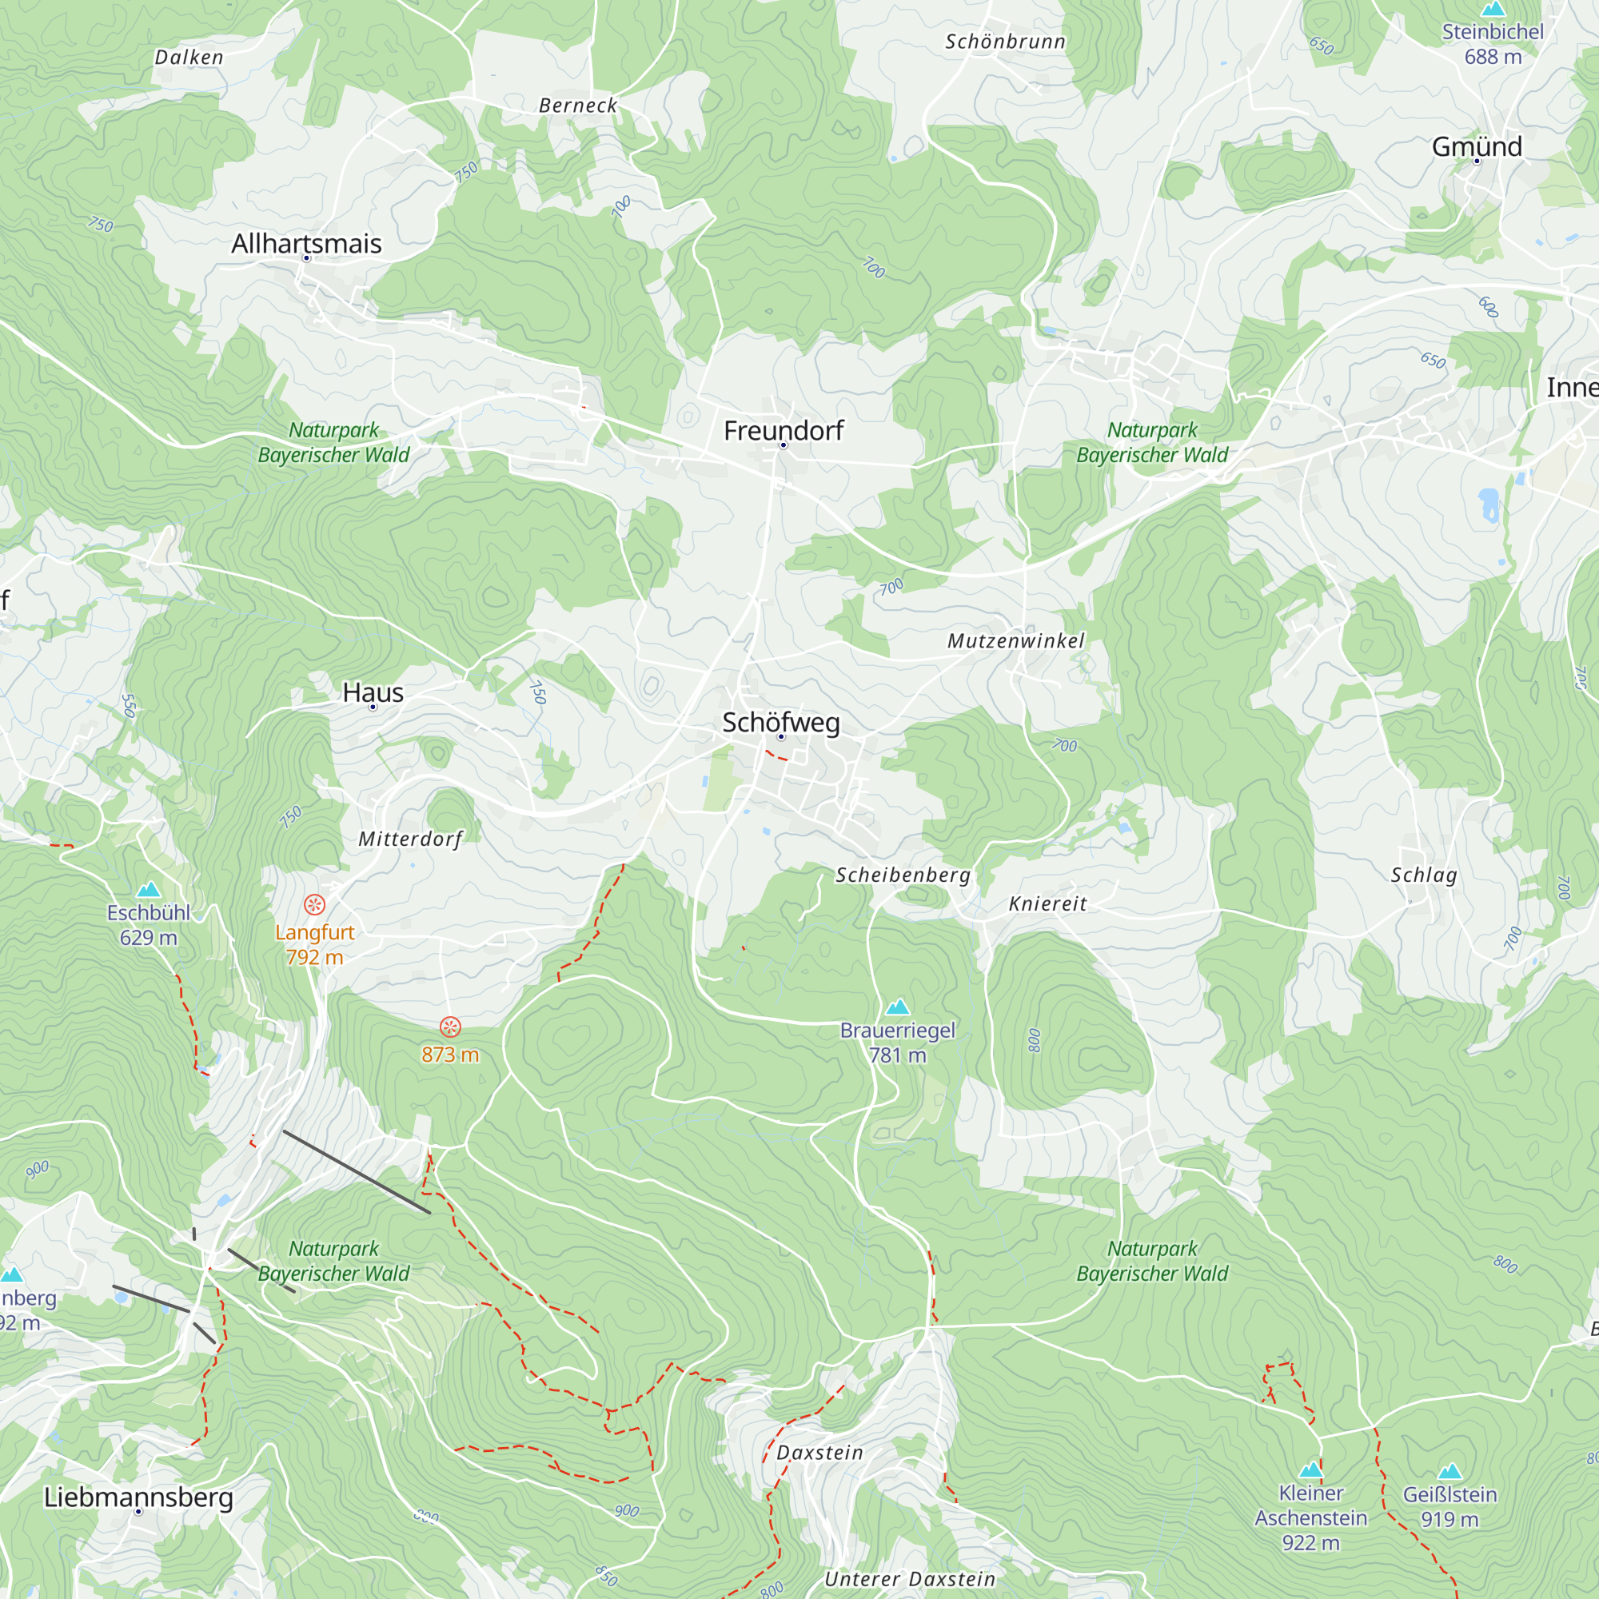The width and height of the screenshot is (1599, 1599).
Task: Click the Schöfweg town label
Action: [x=780, y=722]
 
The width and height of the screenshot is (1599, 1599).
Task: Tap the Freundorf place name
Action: [x=783, y=430]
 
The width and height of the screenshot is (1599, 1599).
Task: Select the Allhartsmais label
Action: [x=306, y=243]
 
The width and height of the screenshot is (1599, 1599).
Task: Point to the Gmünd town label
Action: [x=1477, y=146]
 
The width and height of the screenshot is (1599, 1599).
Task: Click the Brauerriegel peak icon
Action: [x=897, y=1007]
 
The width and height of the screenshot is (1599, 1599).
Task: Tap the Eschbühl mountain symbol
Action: [x=148, y=890]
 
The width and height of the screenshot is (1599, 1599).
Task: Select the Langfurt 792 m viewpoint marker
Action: [x=314, y=904]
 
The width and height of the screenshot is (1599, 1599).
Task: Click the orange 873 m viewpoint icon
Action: [x=449, y=1027]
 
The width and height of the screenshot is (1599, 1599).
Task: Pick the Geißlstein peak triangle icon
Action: [x=1449, y=1472]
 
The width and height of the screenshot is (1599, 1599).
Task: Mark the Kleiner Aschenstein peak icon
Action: [x=1310, y=1470]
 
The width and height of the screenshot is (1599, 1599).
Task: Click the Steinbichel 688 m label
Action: [x=1492, y=44]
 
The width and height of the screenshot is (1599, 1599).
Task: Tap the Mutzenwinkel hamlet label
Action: [x=1015, y=640]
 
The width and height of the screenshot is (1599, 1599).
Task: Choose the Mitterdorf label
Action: [x=410, y=839]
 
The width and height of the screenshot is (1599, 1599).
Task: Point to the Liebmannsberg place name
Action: [x=138, y=1497]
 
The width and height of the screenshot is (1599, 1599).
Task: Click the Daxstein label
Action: [x=819, y=1453]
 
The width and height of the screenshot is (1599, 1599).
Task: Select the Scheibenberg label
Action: [x=903, y=875]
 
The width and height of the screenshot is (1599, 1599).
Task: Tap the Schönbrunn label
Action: [x=1006, y=42]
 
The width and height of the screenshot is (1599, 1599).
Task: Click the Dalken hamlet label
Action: [x=189, y=57]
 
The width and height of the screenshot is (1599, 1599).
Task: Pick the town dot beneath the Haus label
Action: [x=373, y=707]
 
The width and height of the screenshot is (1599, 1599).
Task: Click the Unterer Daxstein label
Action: [x=910, y=1579]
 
